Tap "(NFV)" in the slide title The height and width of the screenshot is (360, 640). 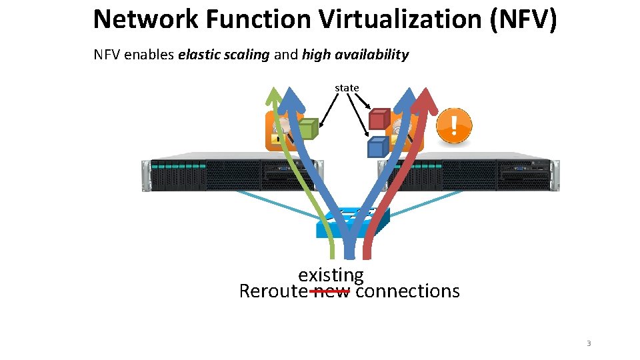(x=523, y=19)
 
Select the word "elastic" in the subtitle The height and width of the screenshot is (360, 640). (x=201, y=55)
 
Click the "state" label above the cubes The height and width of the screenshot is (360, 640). (x=347, y=88)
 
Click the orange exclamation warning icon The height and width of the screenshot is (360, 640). (x=454, y=126)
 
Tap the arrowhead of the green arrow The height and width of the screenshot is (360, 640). (x=274, y=97)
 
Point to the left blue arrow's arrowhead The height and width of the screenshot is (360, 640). (x=291, y=100)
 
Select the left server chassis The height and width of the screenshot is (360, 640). (x=220, y=175)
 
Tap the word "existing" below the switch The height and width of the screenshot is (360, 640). (x=331, y=275)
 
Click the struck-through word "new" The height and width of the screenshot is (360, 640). (x=331, y=291)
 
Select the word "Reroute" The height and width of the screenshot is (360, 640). (x=273, y=291)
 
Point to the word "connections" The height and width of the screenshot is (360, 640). (x=407, y=291)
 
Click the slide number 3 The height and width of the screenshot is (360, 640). (x=588, y=343)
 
